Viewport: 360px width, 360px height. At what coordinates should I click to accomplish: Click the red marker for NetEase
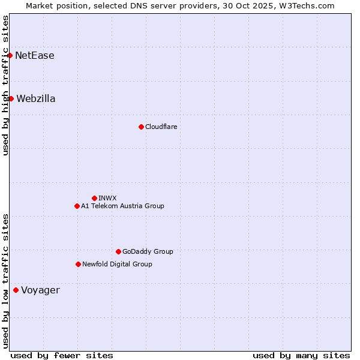point(10,56)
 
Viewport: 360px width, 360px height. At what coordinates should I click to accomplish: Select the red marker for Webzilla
point(11,98)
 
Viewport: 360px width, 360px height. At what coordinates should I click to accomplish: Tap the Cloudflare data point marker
point(141,127)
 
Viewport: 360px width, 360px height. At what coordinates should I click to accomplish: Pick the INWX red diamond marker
point(94,198)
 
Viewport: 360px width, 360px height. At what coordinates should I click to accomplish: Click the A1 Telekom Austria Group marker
point(77,206)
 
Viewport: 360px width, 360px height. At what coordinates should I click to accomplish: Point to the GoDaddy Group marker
point(118,251)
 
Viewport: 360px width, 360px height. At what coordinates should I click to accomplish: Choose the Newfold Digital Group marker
point(78,264)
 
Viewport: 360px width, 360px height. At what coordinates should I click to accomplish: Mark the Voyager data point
point(16,290)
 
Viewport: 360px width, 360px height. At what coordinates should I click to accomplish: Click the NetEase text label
point(35,56)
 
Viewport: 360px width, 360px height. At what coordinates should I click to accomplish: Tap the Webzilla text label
point(36,98)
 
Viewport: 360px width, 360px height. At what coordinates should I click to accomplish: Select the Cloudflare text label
point(161,127)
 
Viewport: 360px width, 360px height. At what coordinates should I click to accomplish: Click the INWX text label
point(108,198)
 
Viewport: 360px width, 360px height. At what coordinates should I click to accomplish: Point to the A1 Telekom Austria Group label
point(122,206)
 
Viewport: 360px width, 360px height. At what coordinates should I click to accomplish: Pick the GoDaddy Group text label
point(148,251)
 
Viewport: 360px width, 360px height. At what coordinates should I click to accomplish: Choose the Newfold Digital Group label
point(117,264)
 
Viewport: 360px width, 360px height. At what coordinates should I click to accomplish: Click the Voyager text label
point(41,290)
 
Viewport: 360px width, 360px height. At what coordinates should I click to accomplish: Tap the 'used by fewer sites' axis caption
point(62,355)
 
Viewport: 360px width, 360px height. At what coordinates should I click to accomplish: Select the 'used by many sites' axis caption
point(301,355)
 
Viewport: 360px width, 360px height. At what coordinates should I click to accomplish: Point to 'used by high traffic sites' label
point(5,85)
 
